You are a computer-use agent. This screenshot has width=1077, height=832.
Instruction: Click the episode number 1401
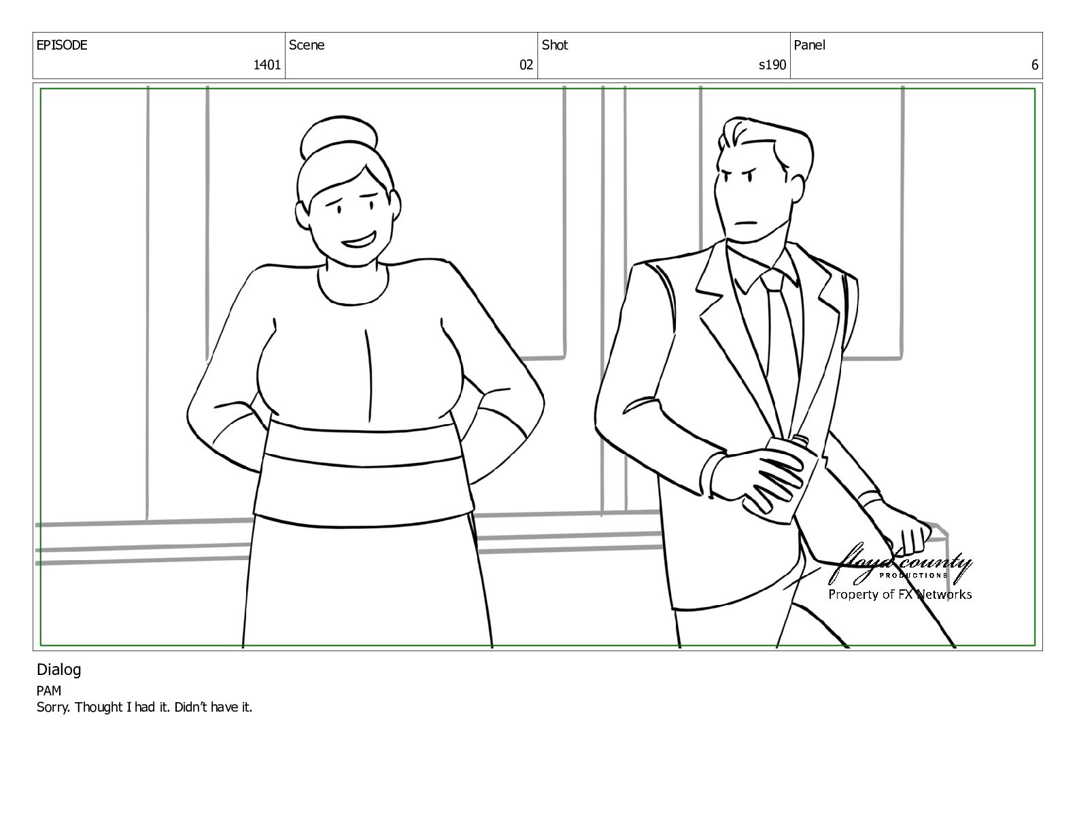(x=267, y=65)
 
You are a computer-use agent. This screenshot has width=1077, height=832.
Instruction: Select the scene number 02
(x=526, y=65)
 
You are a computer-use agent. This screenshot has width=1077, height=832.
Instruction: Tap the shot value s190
(x=772, y=65)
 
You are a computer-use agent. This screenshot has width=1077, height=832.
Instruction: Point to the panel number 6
(x=1034, y=65)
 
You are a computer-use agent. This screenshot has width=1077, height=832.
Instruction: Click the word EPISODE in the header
(x=62, y=45)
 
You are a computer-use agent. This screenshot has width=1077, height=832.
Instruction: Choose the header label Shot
(x=555, y=45)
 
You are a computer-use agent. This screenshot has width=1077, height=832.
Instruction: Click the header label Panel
(x=809, y=45)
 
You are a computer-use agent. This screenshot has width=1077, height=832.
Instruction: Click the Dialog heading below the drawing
(x=58, y=670)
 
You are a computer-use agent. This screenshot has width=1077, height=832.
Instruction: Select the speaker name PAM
(x=48, y=691)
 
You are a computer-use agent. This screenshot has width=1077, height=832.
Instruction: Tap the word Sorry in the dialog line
(x=54, y=708)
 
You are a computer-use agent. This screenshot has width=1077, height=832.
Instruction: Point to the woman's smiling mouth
(x=358, y=241)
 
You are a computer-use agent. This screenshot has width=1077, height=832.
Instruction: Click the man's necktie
(x=780, y=342)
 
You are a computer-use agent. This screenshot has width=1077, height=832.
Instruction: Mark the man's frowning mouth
(x=746, y=222)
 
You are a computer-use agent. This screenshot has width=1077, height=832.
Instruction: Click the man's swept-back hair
(x=765, y=143)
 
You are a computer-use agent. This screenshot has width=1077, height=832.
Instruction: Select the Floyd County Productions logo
(x=900, y=565)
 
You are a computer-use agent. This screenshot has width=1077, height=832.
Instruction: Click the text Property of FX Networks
(x=900, y=595)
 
